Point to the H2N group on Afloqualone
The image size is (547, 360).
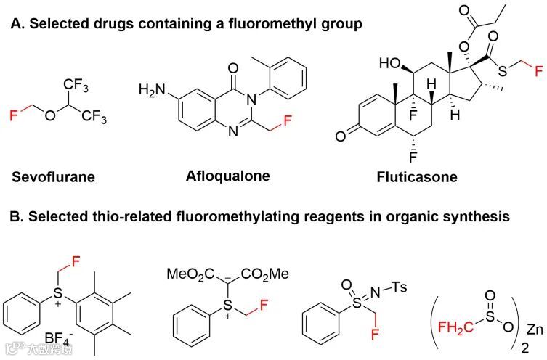coord(151,91)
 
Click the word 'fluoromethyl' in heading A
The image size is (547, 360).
coord(256,25)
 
